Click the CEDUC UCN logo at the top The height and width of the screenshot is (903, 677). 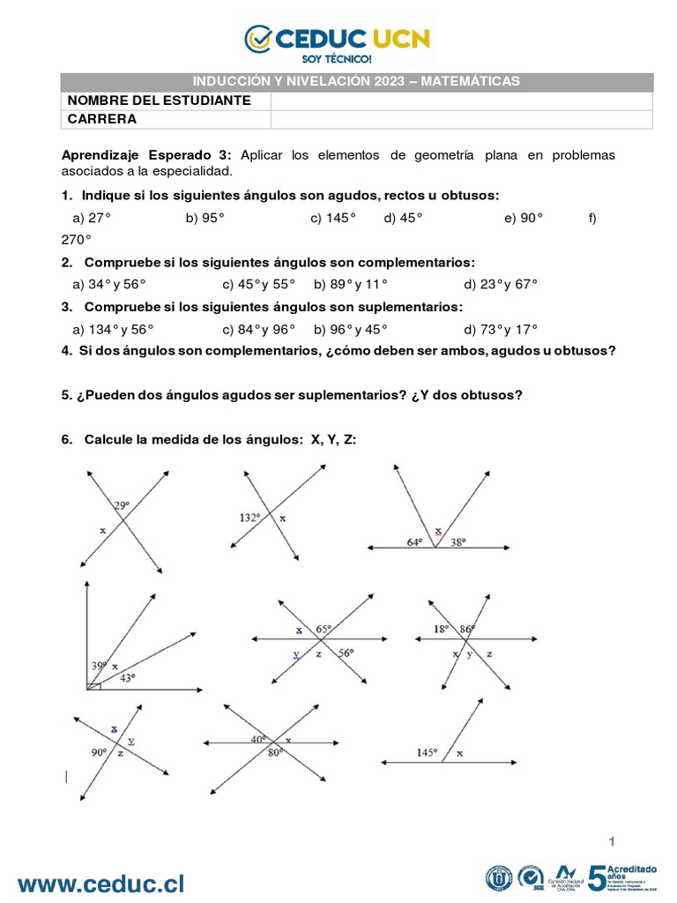[338, 41]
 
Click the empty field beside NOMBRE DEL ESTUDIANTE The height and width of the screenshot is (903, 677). [461, 101]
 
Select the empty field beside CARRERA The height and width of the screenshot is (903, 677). [461, 119]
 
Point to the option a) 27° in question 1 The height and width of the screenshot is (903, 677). [92, 218]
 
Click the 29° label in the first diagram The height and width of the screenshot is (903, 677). [121, 505]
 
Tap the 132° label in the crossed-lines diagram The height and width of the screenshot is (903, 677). [250, 518]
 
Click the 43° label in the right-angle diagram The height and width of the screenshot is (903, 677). [129, 677]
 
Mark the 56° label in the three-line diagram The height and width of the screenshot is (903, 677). [346, 653]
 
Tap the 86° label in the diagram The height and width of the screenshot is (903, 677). [467, 629]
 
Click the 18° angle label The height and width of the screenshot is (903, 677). [441, 629]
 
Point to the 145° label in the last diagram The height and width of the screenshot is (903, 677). [428, 752]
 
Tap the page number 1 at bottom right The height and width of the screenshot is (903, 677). [611, 838]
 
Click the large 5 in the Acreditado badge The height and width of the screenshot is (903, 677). [598, 877]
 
